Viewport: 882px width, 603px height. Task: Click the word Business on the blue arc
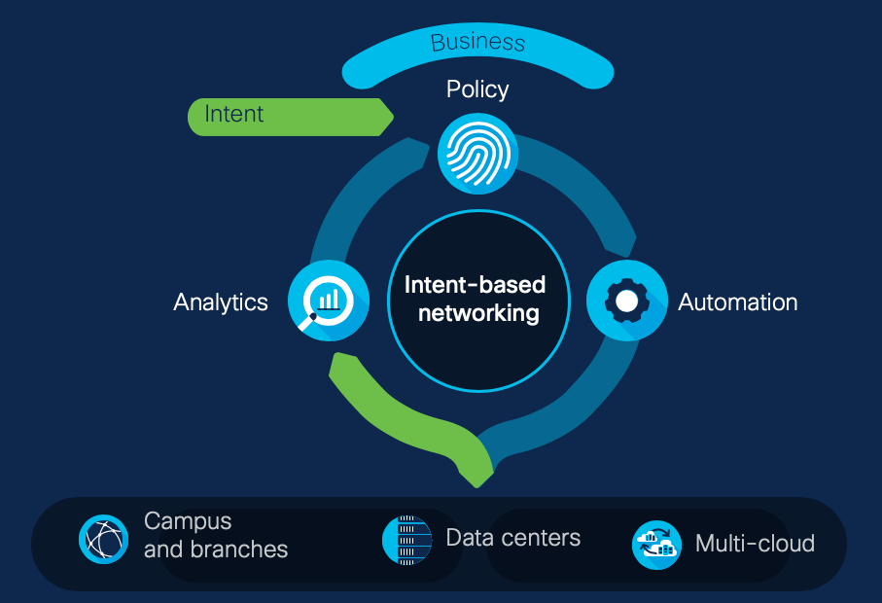[477, 42]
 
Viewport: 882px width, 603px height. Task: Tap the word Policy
[477, 89]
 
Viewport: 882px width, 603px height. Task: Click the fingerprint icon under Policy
[477, 153]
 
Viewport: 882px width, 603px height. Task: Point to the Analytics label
[221, 301]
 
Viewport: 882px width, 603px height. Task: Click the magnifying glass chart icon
[329, 301]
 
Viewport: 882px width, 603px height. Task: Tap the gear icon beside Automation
[627, 301]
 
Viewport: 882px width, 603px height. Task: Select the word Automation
[737, 301]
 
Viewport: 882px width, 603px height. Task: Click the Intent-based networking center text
[476, 299]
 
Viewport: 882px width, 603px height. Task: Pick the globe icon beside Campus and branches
[103, 539]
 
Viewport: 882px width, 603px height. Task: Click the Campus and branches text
[216, 535]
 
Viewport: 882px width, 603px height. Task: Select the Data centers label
[512, 537]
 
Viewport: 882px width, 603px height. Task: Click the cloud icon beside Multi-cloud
[656, 545]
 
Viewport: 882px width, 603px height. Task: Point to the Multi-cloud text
[755, 543]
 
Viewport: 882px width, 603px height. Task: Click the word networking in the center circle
[477, 313]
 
